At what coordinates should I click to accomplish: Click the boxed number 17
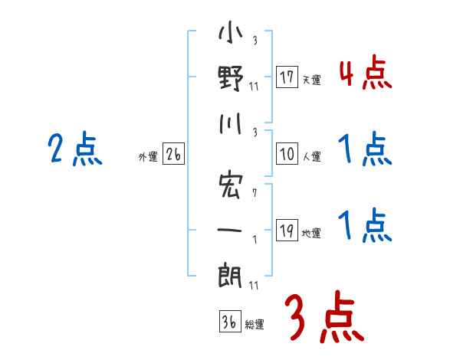[287, 78]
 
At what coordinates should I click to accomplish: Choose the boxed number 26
[173, 155]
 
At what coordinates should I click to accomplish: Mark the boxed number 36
[228, 322]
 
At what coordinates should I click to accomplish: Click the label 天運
[311, 80]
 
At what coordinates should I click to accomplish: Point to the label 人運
[311, 156]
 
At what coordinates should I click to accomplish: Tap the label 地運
[311, 233]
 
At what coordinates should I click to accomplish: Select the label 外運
[147, 156]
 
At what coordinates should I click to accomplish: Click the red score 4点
[365, 74]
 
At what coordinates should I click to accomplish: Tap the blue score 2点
[75, 149]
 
